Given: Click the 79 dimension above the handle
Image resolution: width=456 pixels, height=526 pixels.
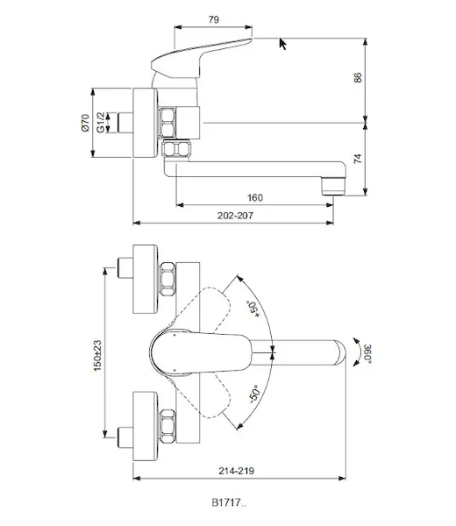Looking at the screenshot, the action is pyautogui.click(x=214, y=19).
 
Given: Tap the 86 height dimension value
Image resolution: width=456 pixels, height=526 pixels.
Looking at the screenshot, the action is pyautogui.click(x=358, y=77).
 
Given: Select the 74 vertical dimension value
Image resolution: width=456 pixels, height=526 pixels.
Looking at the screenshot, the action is pyautogui.click(x=358, y=159).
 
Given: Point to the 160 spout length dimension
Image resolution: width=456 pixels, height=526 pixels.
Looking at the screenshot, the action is pyautogui.click(x=255, y=197).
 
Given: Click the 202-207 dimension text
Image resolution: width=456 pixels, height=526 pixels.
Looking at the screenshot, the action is pyautogui.click(x=235, y=216).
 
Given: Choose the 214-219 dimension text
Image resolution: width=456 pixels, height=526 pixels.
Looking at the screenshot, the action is pyautogui.click(x=237, y=471).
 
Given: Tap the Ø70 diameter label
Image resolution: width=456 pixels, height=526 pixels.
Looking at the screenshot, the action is pyautogui.click(x=86, y=123).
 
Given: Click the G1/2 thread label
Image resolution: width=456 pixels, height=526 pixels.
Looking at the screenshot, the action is pyautogui.click(x=100, y=123).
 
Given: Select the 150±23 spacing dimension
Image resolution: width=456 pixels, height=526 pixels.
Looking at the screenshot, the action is pyautogui.click(x=97, y=356).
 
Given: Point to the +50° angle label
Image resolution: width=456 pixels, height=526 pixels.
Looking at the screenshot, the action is pyautogui.click(x=254, y=309).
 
